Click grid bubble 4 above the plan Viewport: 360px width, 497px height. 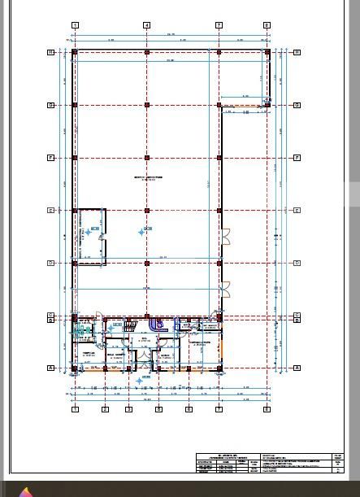tap(147, 25)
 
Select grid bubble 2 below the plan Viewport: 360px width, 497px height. tap(105, 409)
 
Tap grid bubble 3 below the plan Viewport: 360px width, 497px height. tap(128, 409)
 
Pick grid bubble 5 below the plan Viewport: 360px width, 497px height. tap(158, 409)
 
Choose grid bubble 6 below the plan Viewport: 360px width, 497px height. tap(189, 409)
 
